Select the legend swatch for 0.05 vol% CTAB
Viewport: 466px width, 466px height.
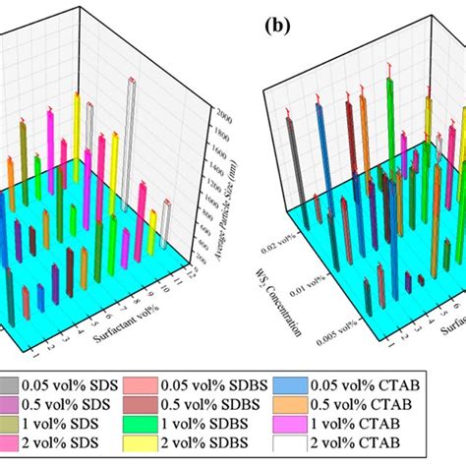click(x=331, y=388)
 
